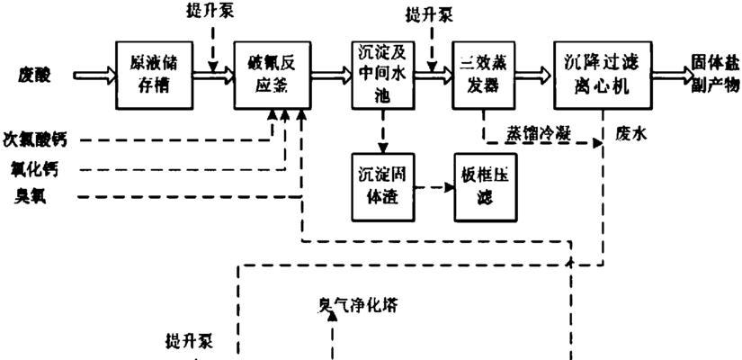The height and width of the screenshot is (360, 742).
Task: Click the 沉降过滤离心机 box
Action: coord(602,76)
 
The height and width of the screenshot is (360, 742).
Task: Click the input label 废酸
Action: coord(33,76)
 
